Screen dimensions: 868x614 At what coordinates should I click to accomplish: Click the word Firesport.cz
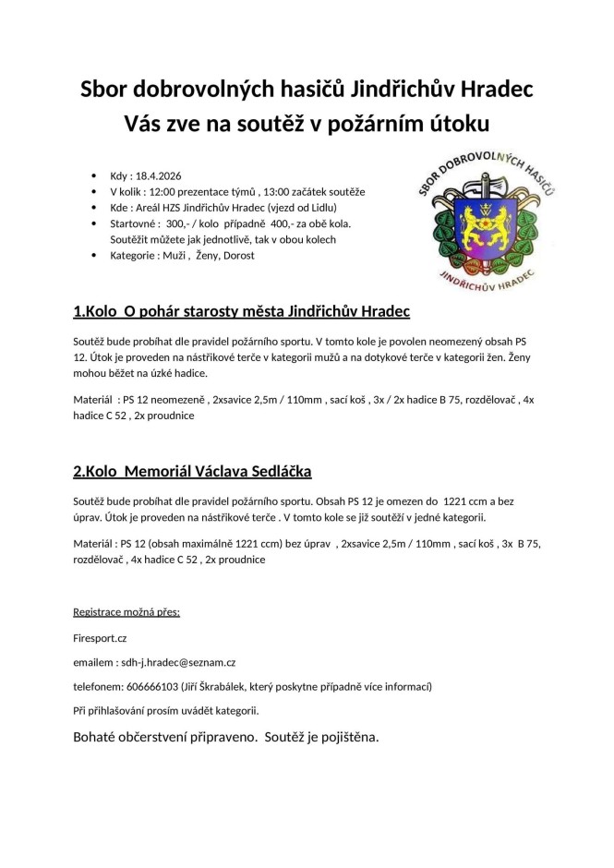(x=100, y=636)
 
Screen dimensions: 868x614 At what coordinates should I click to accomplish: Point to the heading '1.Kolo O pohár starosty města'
(x=241, y=309)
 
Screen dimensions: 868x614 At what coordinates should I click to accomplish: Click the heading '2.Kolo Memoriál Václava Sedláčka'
(x=192, y=472)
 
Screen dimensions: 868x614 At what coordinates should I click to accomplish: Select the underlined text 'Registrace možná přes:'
(x=126, y=612)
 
